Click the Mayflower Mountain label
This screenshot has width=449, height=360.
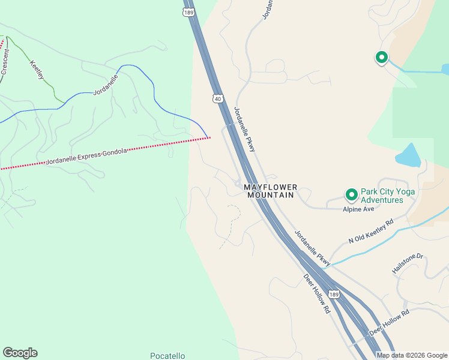point(270,191)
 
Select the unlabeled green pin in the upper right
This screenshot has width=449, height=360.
point(381,58)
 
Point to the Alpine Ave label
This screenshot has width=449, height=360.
point(358,209)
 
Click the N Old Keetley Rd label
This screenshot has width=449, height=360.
point(371,232)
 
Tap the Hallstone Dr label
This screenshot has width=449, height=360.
point(408,264)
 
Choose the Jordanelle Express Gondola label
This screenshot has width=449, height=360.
point(86,156)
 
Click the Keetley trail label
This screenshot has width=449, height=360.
point(37,70)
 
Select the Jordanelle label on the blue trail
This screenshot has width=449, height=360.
point(106,86)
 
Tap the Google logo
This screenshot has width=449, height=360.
point(20,353)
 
